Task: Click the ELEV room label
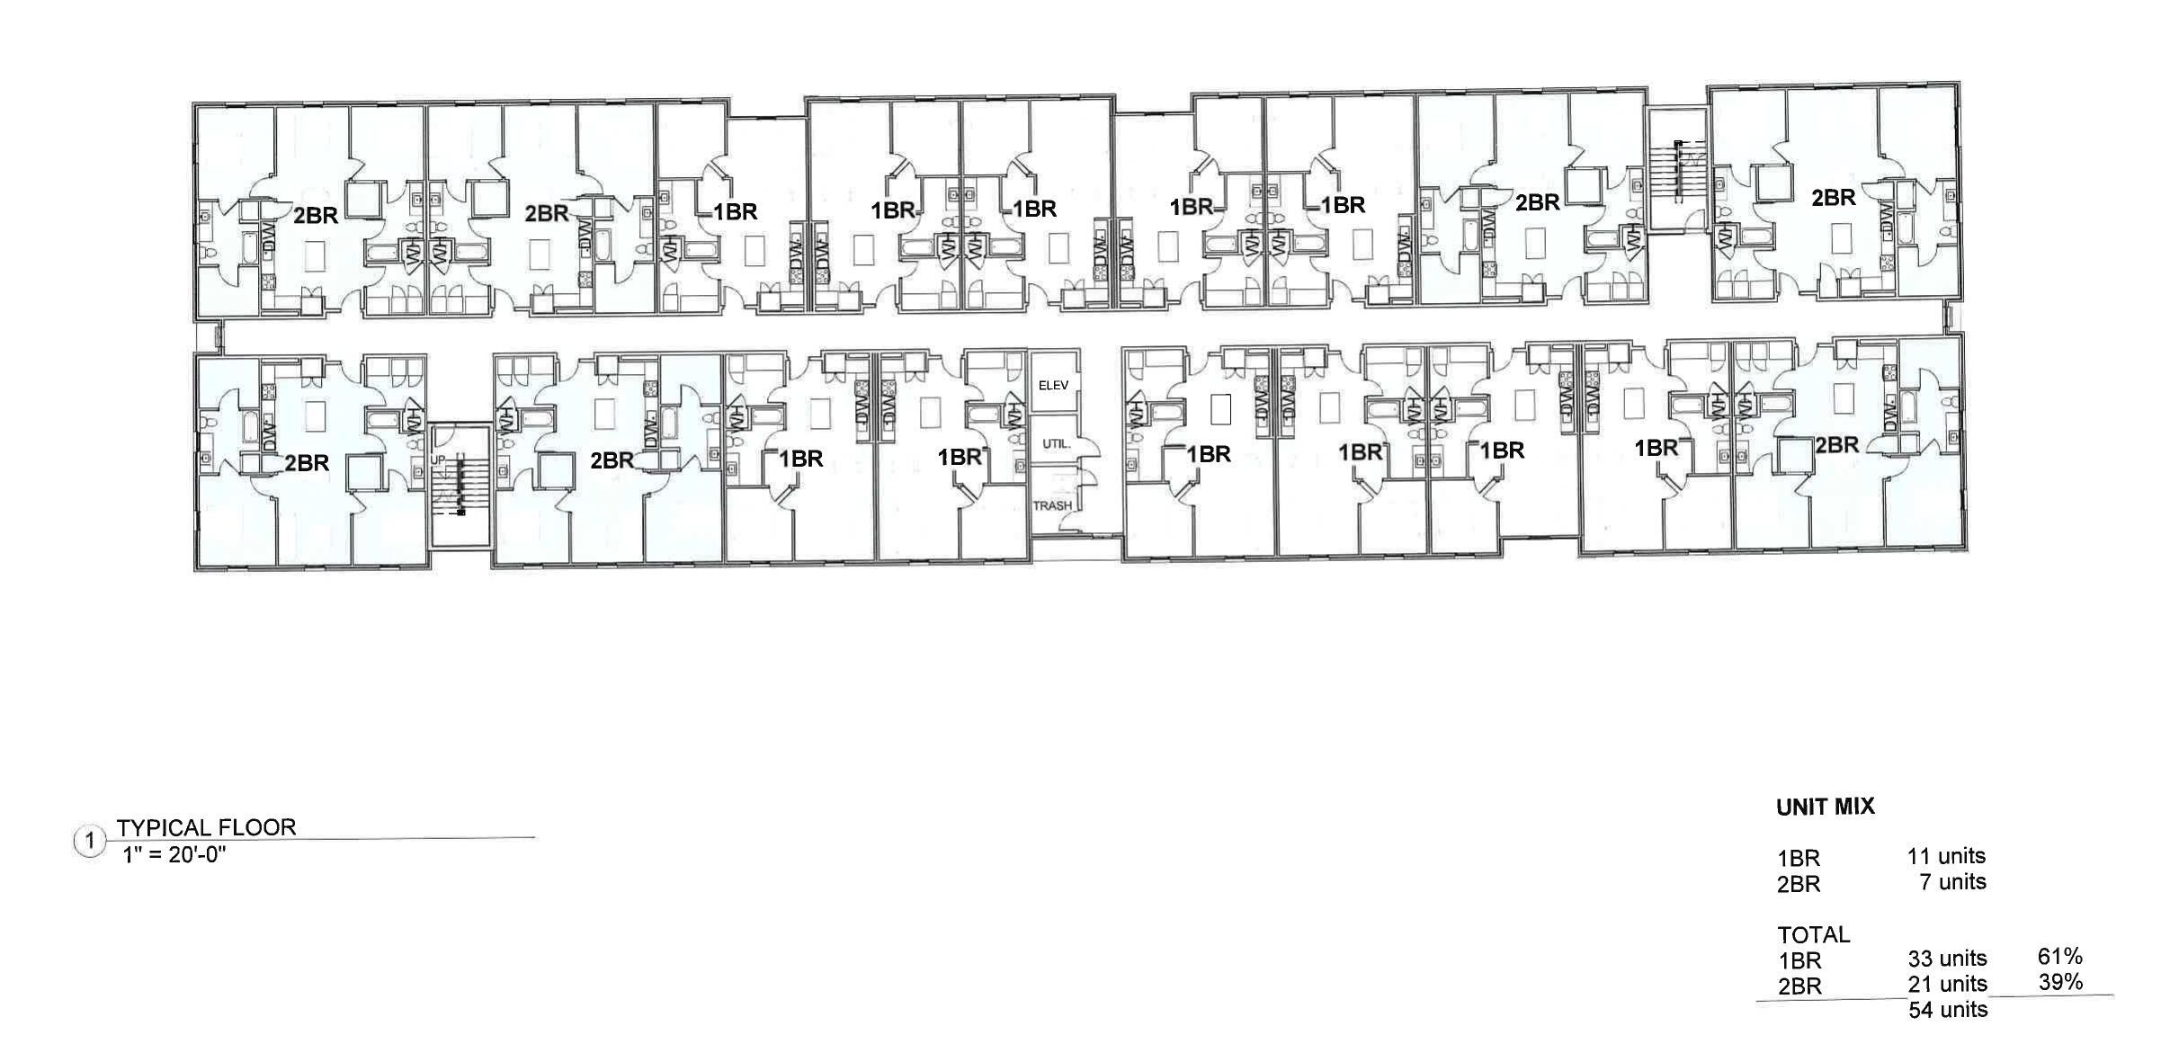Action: point(1052,386)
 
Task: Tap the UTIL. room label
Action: point(1056,444)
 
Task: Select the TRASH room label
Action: point(1051,506)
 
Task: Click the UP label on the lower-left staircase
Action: point(438,460)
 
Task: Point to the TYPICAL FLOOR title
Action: point(206,827)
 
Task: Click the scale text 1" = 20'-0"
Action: point(174,854)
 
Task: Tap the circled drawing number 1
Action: point(90,843)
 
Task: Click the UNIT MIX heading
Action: point(1825,807)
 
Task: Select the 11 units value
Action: point(1946,856)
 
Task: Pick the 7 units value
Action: point(1952,882)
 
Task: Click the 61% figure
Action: point(2059,957)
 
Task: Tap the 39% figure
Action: point(2060,982)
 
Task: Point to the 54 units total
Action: point(1948,1010)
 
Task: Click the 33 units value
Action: point(1947,959)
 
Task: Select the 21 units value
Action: point(1947,984)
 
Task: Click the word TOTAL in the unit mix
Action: point(1813,934)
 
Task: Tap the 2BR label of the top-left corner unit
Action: point(316,215)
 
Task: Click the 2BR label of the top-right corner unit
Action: point(1833,197)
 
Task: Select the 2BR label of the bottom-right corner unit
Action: point(1836,445)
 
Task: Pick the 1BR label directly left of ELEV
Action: point(959,457)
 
